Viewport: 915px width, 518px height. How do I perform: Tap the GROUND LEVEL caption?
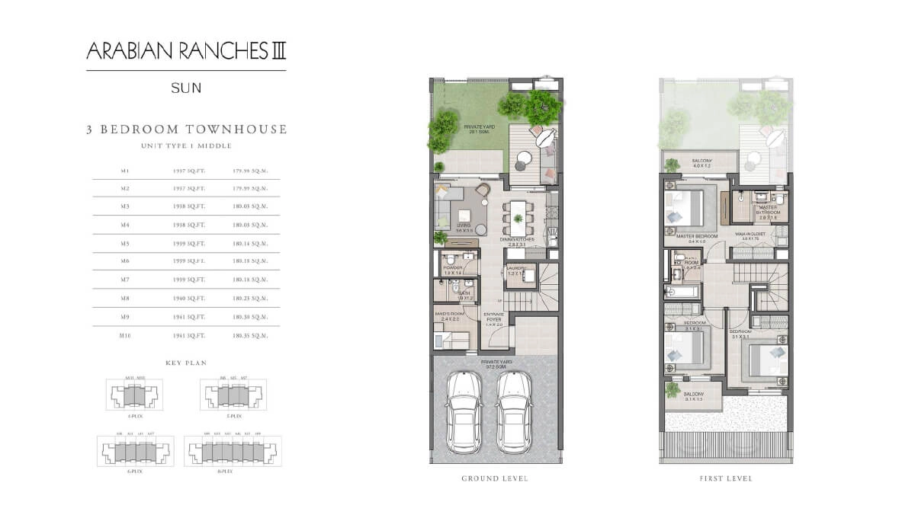495,478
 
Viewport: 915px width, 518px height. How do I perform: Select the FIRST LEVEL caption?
725,478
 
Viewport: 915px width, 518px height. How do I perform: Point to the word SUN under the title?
186,88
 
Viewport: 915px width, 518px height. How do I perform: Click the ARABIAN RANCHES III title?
186,52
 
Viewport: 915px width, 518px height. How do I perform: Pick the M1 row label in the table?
126,171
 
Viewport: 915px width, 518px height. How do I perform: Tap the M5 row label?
126,244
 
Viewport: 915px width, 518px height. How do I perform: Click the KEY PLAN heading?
186,363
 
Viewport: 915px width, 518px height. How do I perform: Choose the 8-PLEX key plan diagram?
233,452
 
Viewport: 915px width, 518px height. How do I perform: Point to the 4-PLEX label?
133,417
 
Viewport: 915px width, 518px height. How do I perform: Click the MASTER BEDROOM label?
697,237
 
